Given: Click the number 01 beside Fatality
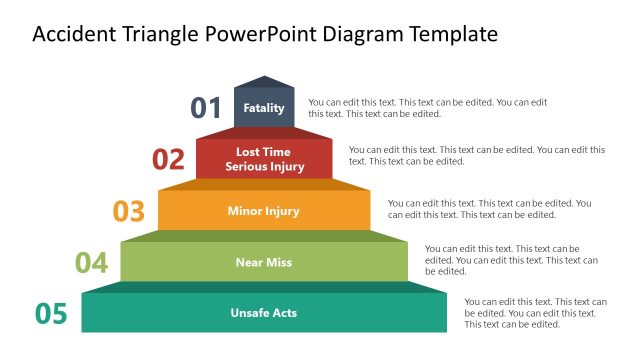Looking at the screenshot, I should click(x=206, y=108).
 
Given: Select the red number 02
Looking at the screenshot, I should click(x=169, y=159).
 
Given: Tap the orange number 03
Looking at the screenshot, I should click(x=129, y=211).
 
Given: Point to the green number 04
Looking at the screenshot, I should click(x=91, y=263).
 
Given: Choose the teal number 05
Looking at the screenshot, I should click(x=51, y=314).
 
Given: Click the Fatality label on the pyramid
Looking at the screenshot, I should click(x=264, y=108).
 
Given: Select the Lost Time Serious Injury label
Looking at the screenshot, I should click(x=264, y=159).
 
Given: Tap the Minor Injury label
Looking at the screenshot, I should click(x=264, y=211).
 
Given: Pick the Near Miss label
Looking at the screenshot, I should click(x=264, y=262).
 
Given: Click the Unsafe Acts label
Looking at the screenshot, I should click(x=264, y=313).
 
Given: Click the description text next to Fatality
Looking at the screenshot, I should click(x=428, y=108).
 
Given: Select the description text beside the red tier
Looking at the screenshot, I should click(x=476, y=155).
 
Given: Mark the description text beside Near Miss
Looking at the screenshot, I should click(x=511, y=259).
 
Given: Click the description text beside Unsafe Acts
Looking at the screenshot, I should click(x=535, y=312).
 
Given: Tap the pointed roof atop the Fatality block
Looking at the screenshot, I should click(x=264, y=82).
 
